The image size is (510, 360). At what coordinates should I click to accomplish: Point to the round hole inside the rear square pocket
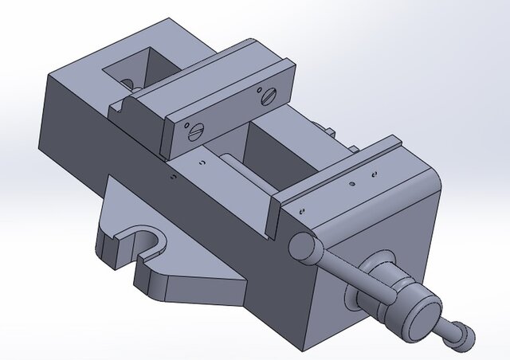(127, 83)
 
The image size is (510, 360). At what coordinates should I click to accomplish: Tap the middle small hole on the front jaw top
(354, 184)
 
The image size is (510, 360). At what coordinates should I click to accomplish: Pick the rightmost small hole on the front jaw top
(375, 170)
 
